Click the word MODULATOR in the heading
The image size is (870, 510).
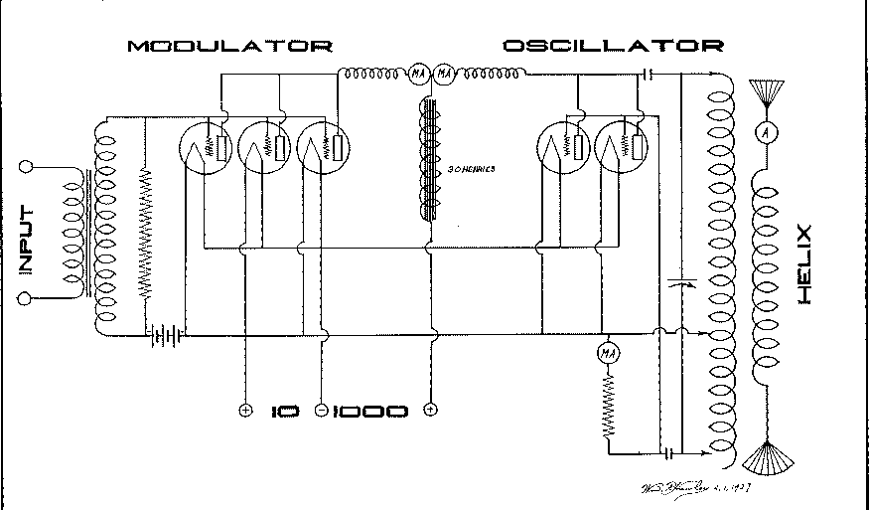(228, 46)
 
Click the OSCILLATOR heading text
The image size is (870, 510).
(613, 46)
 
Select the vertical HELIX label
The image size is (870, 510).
(805, 264)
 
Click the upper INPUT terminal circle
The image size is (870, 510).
(28, 168)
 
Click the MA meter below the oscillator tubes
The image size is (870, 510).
(608, 353)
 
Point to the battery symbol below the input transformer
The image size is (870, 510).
(165, 335)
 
